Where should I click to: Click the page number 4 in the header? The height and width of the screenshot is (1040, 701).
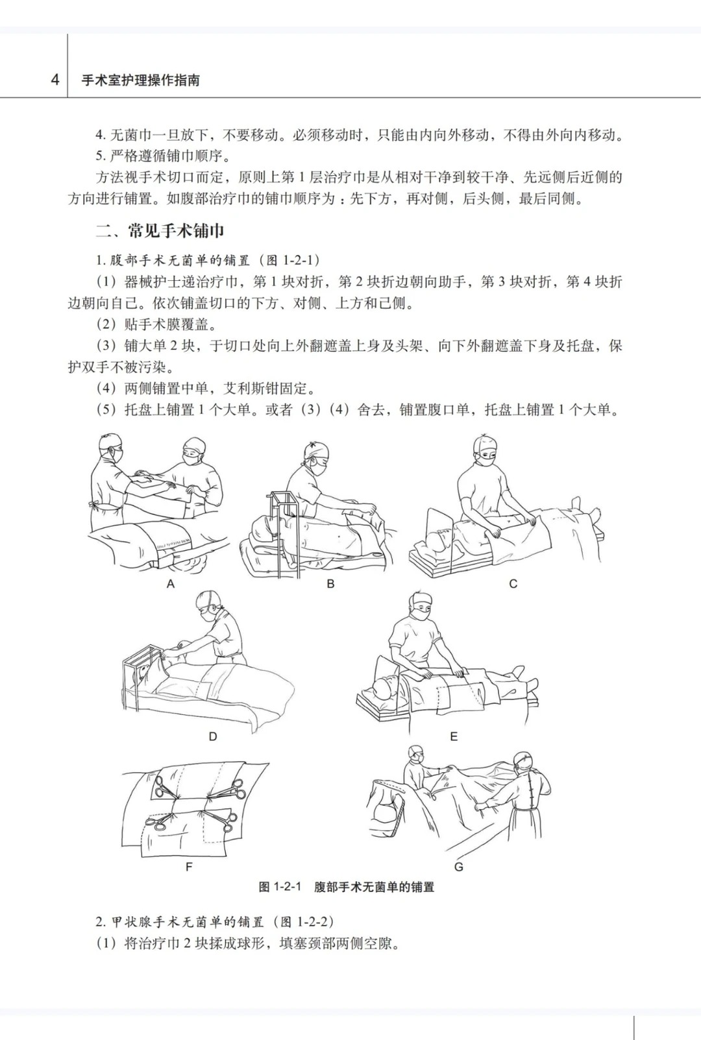(x=55, y=79)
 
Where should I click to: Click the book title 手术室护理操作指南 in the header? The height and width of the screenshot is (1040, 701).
(x=141, y=80)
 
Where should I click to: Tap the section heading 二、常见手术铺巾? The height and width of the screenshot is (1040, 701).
(x=160, y=231)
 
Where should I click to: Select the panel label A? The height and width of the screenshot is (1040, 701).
(x=171, y=584)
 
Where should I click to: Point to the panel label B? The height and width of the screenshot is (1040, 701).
(x=331, y=584)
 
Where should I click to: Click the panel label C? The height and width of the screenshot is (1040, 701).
(x=513, y=584)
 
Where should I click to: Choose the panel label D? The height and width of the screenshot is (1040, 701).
(x=213, y=737)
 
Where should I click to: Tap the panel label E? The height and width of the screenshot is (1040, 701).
(x=454, y=737)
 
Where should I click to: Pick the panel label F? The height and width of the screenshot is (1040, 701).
(x=189, y=867)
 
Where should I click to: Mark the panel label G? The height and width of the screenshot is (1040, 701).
(x=458, y=867)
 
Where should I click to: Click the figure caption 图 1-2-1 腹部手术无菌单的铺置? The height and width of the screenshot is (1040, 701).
(x=347, y=887)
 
